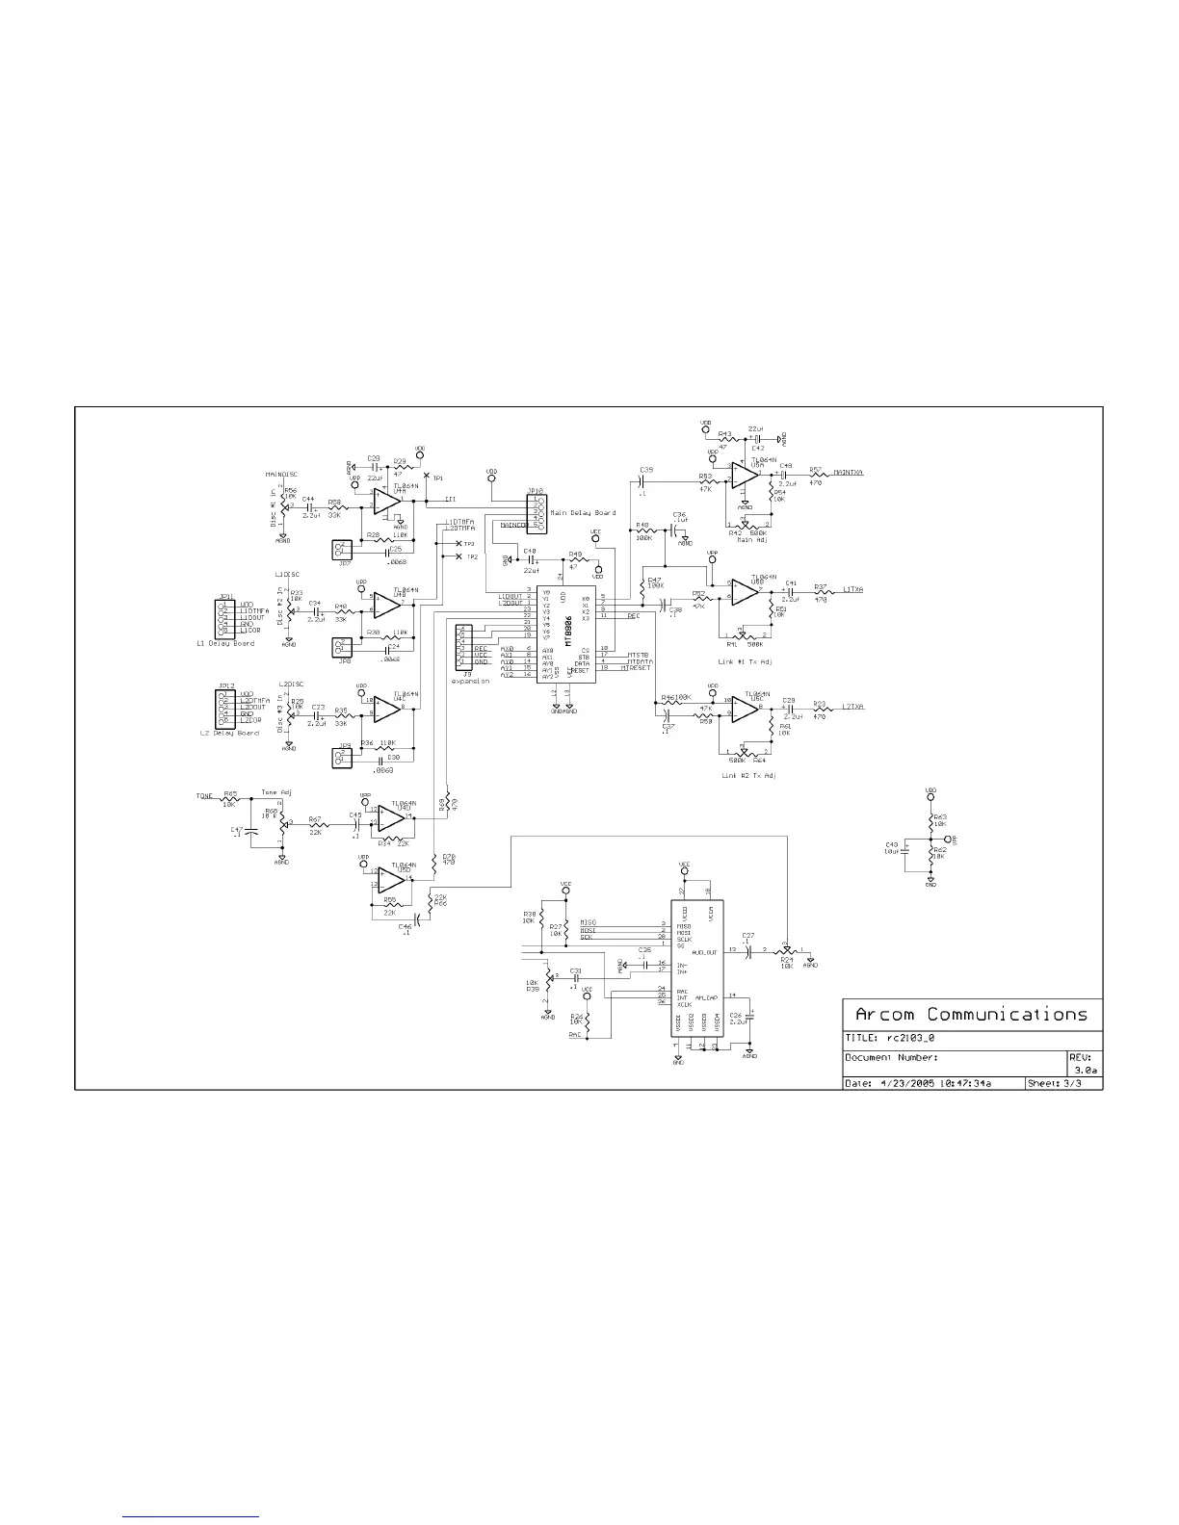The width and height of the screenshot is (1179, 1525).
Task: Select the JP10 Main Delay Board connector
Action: tap(537, 512)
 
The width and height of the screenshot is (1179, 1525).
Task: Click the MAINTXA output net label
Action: tap(848, 473)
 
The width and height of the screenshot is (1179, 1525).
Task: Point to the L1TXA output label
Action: tap(852, 589)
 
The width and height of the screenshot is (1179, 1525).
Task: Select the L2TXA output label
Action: tap(852, 708)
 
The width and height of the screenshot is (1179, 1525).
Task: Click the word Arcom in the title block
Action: tap(884, 1015)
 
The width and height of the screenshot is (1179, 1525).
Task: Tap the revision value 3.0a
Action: tap(1086, 1071)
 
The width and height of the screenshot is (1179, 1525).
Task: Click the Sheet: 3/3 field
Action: tap(1063, 1083)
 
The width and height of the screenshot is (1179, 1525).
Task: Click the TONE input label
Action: tap(204, 797)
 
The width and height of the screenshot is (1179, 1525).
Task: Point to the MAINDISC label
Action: tap(281, 475)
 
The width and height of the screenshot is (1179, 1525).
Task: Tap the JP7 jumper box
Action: tap(339, 550)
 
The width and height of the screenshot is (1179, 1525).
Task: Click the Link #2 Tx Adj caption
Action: tap(748, 775)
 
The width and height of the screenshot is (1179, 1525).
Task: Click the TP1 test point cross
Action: tap(427, 477)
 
